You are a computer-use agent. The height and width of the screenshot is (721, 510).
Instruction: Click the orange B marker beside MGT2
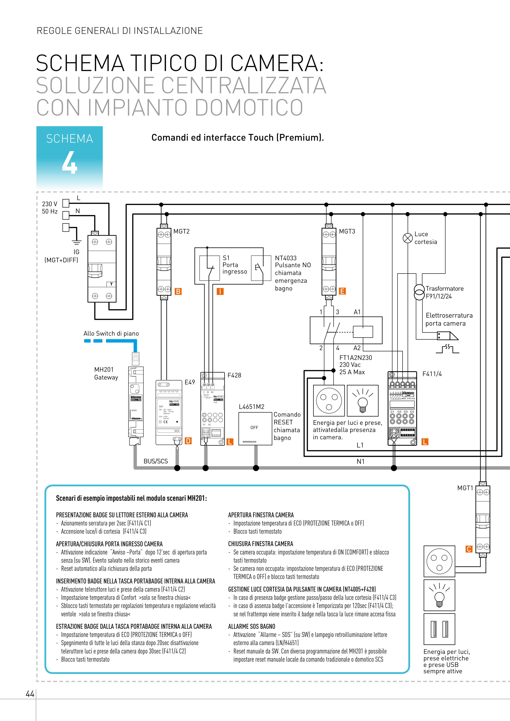[178, 292]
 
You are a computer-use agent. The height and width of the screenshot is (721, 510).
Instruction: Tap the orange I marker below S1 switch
[220, 292]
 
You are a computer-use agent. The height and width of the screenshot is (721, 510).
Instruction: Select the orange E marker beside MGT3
[342, 291]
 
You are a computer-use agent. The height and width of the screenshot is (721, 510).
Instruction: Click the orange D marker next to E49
[188, 441]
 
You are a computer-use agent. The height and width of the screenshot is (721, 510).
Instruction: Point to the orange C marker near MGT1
[469, 549]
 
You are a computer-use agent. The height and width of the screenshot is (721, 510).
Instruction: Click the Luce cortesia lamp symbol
[407, 238]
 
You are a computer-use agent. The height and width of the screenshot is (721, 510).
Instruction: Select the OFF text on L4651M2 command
[254, 428]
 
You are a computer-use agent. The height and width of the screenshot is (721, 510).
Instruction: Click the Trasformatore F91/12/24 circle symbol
[419, 292]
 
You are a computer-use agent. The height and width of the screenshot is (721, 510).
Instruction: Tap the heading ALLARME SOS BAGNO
[251, 626]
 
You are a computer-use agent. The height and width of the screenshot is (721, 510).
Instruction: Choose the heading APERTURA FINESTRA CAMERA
[261, 515]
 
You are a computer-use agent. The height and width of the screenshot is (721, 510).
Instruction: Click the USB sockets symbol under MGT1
[439, 629]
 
